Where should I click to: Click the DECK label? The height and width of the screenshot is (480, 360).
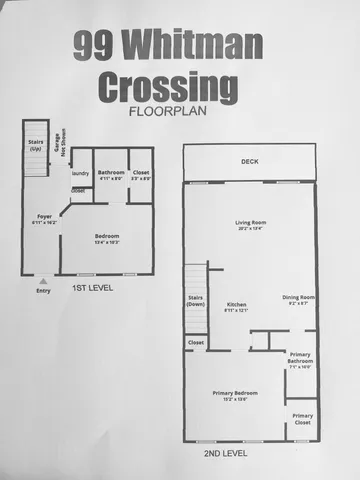249,161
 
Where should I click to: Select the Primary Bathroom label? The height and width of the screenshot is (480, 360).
300,359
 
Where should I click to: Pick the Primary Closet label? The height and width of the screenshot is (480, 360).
302,419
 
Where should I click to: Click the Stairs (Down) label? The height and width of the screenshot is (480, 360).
196,302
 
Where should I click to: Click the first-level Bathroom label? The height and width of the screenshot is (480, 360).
112,174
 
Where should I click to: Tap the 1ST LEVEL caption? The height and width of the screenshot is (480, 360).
92,288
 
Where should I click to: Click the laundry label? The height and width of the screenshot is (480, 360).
80,173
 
